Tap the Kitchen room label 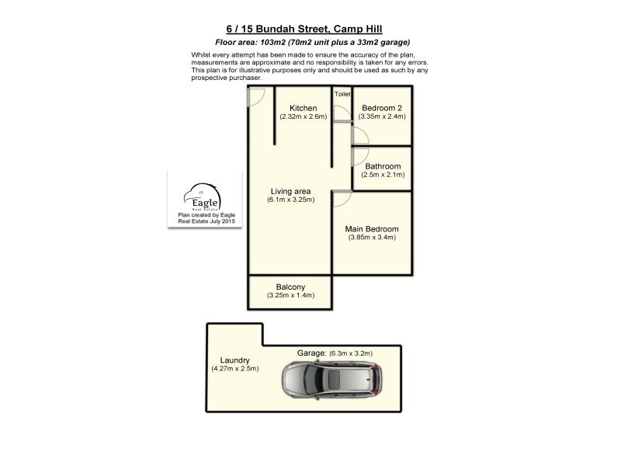303,108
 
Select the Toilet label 342,93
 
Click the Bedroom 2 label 382,108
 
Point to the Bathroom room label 383,166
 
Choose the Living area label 290,191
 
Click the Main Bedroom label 372,229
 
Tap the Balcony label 290,287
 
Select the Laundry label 234,360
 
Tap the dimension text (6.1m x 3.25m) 290,200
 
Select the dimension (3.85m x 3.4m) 372,238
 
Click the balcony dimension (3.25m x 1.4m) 290,296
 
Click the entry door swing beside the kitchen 256,96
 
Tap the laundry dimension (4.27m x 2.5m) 234,369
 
